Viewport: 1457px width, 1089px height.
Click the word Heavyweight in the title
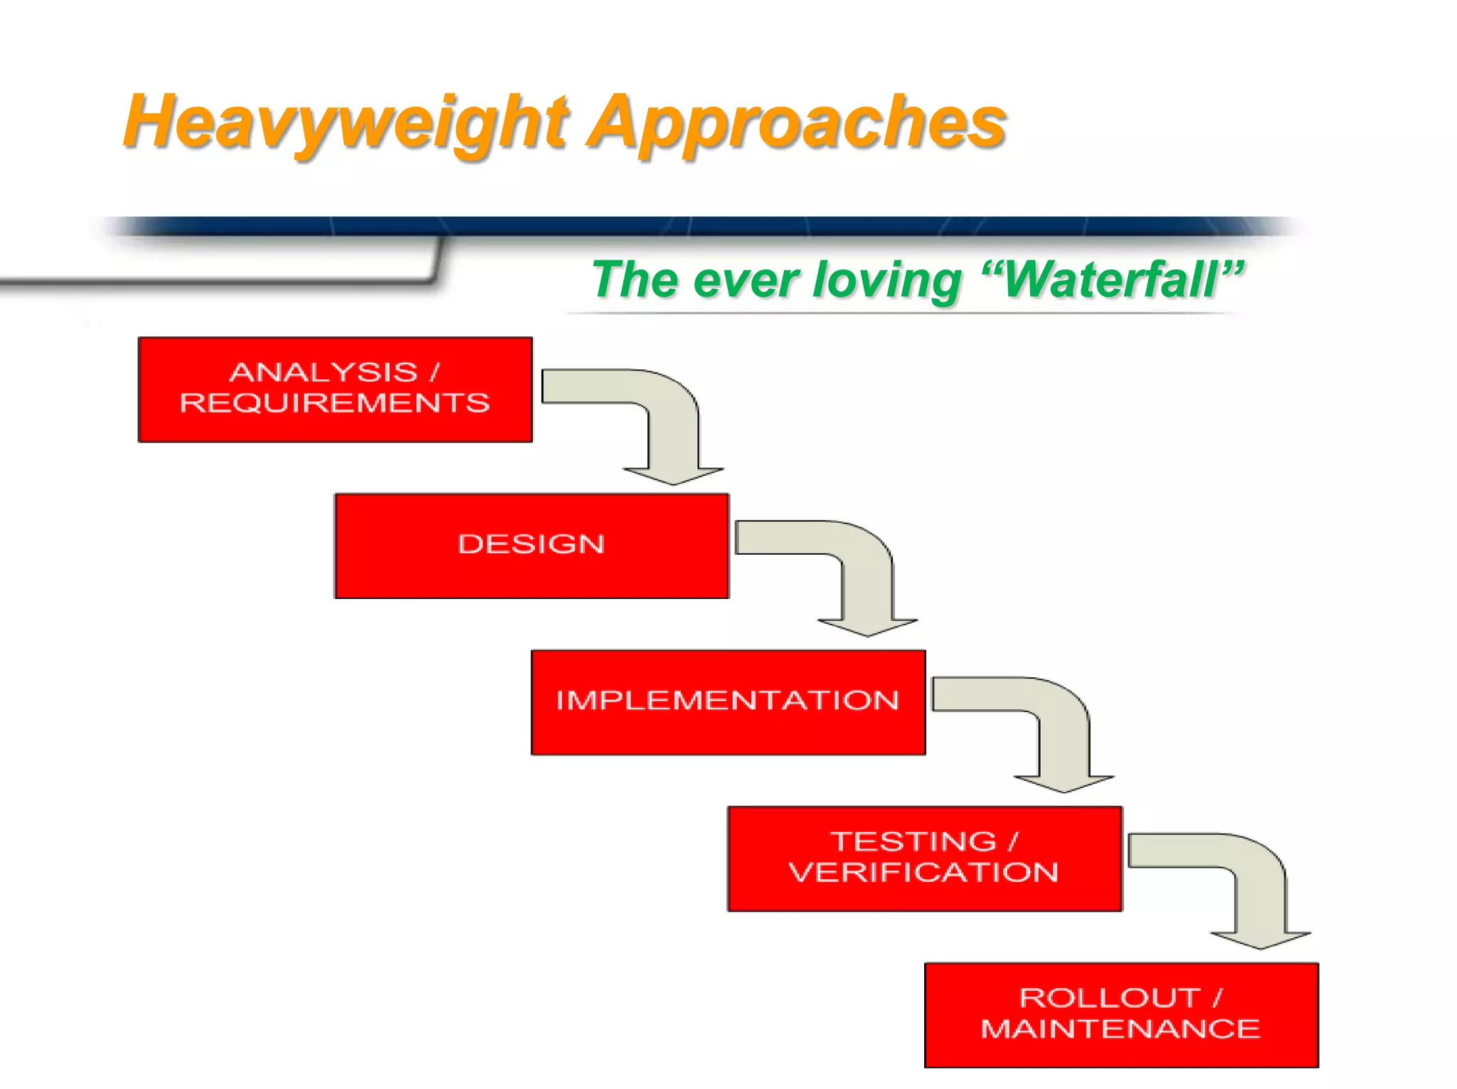[345, 122]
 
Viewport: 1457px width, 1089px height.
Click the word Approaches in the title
[797, 122]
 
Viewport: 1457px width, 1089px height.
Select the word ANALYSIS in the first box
[324, 372]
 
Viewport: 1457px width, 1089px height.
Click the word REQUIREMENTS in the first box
[335, 403]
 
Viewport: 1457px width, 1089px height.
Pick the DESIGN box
[531, 546]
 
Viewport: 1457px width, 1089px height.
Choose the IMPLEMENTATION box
[728, 701]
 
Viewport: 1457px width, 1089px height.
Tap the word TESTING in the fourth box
[914, 841]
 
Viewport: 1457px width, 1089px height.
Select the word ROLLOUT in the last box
[1110, 998]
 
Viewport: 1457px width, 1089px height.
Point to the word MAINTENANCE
[1120, 1029]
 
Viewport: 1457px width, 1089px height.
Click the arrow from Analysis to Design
[672, 427]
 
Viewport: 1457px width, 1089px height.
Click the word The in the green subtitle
[635, 280]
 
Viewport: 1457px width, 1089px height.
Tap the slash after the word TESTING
[1013, 841]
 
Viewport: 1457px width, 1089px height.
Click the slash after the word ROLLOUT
[1217, 998]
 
